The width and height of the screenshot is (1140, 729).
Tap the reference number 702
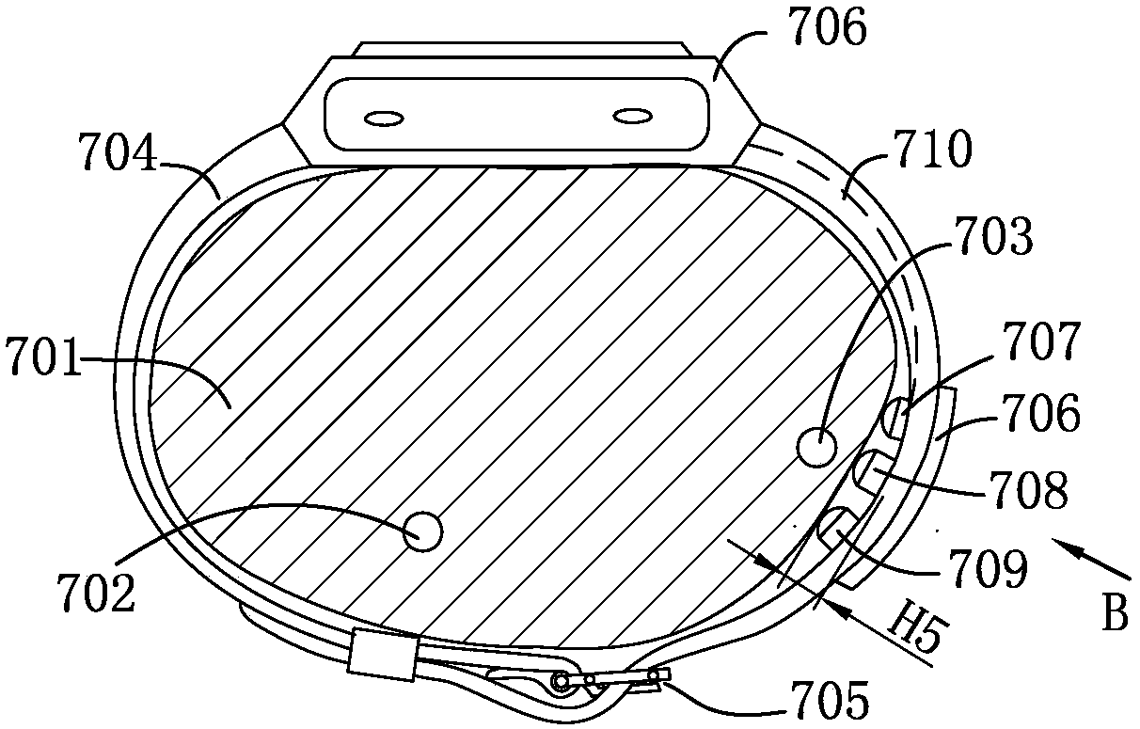click(x=96, y=593)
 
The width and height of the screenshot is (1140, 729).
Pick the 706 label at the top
click(x=828, y=26)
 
